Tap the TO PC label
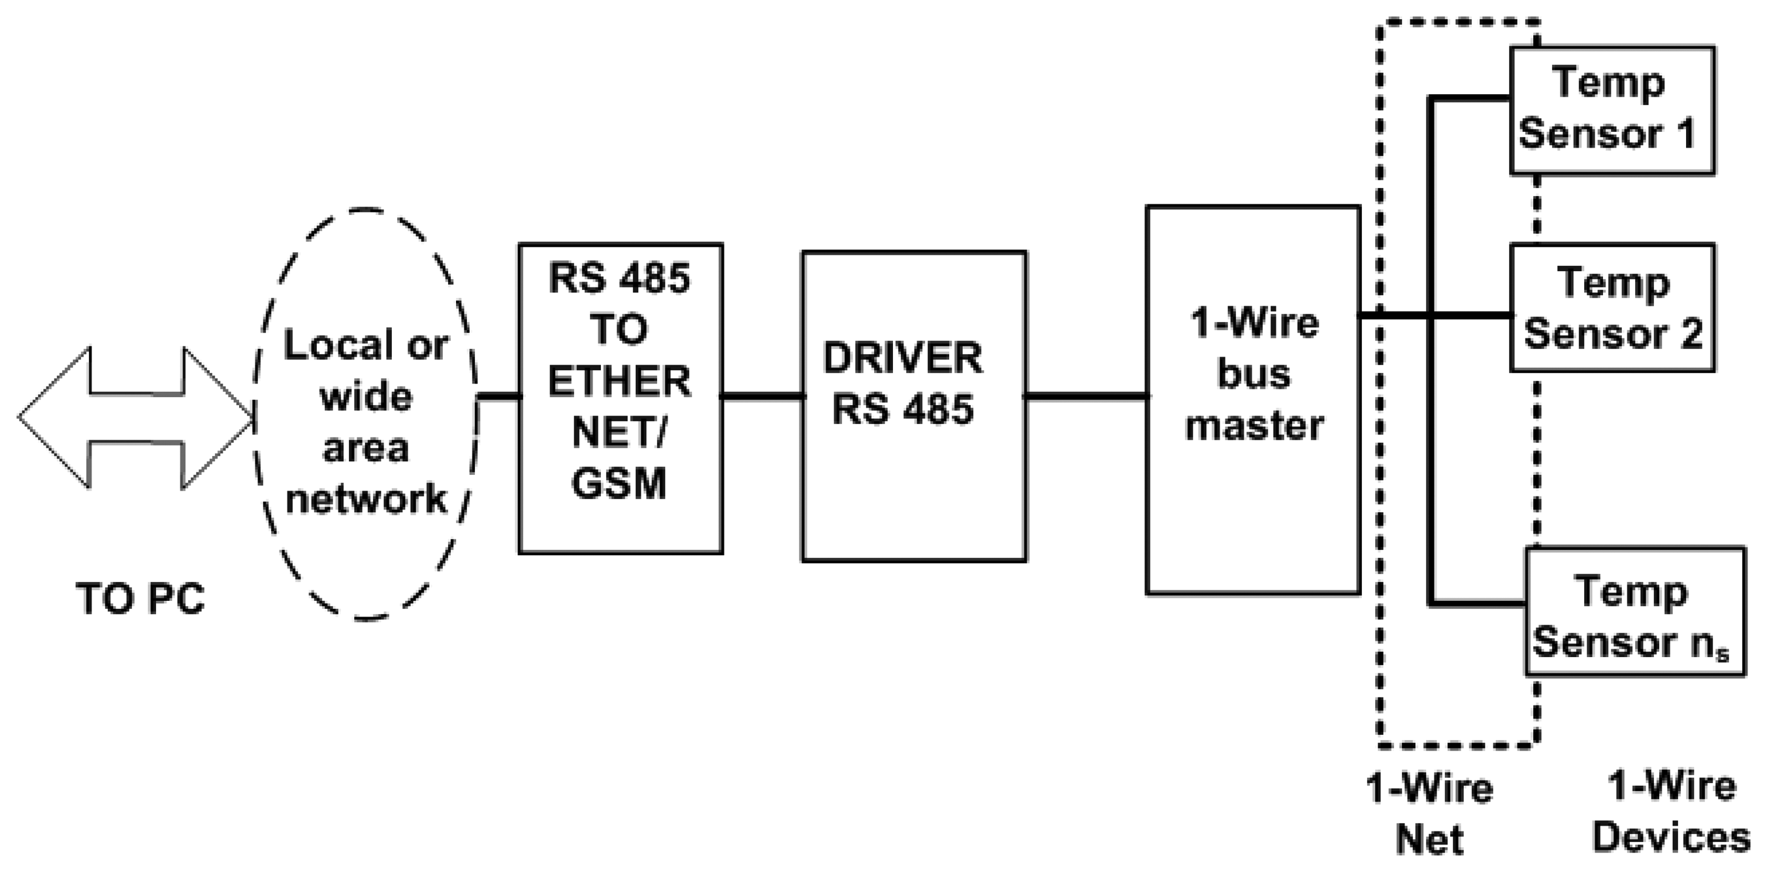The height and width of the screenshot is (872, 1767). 140,599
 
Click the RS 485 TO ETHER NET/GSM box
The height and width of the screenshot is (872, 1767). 620,398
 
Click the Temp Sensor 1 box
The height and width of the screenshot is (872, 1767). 1612,110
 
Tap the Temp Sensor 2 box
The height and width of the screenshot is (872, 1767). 1612,308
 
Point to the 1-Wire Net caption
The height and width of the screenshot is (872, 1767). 1430,814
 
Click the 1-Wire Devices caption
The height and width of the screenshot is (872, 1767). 1671,814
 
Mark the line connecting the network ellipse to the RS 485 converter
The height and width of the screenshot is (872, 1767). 498,396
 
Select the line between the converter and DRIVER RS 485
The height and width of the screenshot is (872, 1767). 762,396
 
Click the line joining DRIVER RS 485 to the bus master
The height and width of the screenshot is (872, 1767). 1085,396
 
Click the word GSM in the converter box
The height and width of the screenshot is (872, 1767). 619,483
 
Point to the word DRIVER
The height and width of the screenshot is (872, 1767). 903,358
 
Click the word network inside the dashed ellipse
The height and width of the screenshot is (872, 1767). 366,499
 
